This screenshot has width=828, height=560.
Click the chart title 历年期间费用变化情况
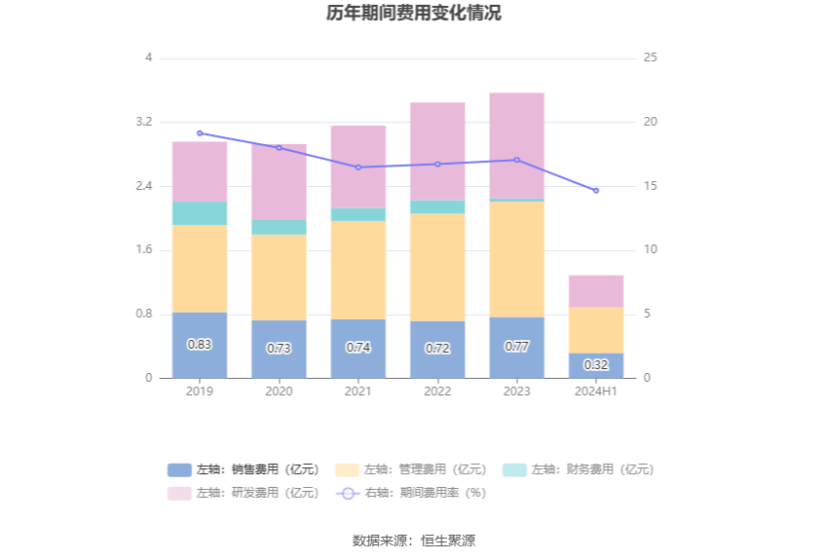414,14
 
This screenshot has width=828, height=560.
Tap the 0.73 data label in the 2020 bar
279,348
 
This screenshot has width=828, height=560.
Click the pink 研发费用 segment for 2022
437,151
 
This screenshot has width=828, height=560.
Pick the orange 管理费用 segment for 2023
516,259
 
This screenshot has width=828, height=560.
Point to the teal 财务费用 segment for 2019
200,213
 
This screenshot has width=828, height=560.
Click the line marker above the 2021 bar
358,168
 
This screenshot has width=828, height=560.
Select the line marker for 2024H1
596,190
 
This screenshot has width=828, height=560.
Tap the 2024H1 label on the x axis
596,391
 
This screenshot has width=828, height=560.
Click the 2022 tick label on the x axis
437,391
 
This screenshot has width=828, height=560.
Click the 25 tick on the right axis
651,58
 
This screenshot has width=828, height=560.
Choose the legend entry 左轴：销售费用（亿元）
244,469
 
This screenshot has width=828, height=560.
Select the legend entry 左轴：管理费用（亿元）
411,469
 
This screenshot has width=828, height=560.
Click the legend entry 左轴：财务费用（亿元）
579,469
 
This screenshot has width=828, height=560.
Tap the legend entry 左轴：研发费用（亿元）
244,493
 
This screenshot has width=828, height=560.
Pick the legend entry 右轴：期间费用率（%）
411,493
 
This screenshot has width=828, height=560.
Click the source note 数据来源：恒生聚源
414,541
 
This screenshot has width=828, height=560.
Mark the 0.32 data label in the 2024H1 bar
596,365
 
